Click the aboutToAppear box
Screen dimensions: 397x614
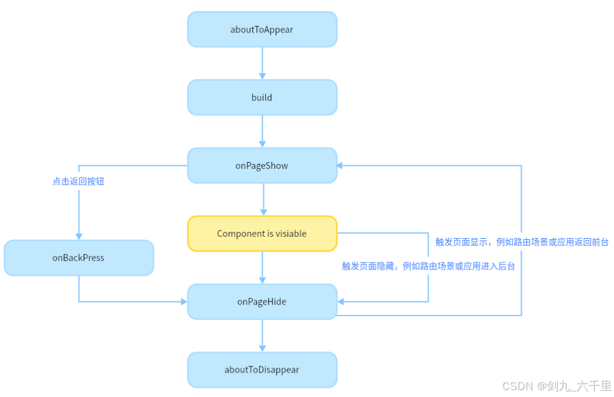point(262,29)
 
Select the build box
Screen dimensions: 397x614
point(262,97)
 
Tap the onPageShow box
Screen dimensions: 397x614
point(262,166)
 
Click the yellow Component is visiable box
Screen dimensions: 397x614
point(262,234)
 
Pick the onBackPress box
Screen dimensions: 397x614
point(79,257)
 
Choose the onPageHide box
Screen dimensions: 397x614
point(262,302)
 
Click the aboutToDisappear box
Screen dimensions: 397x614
point(262,370)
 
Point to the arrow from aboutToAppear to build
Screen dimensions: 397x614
point(262,63)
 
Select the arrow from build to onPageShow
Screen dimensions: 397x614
point(262,131)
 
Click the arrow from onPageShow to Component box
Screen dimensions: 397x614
point(262,199)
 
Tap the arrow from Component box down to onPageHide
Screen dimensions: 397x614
point(262,267)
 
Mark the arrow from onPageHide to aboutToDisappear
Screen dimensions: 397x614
point(262,335)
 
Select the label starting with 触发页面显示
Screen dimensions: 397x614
point(522,242)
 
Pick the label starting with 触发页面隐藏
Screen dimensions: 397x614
point(429,265)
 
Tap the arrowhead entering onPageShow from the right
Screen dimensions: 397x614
point(341,166)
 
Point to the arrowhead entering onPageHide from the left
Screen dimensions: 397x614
point(183,302)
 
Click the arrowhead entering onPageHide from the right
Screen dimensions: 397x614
point(341,302)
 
